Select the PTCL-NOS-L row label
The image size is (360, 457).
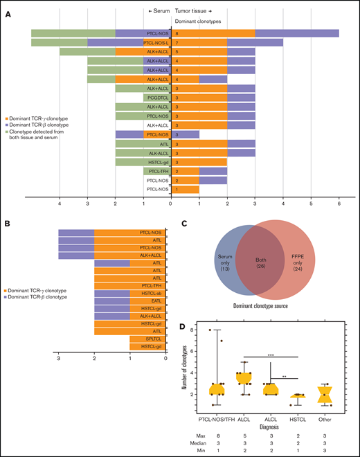pyautogui.click(x=157, y=42)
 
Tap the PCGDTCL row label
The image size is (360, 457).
pyautogui.click(x=157, y=98)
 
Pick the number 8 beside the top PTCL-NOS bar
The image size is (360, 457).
pyautogui.click(x=177, y=33)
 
